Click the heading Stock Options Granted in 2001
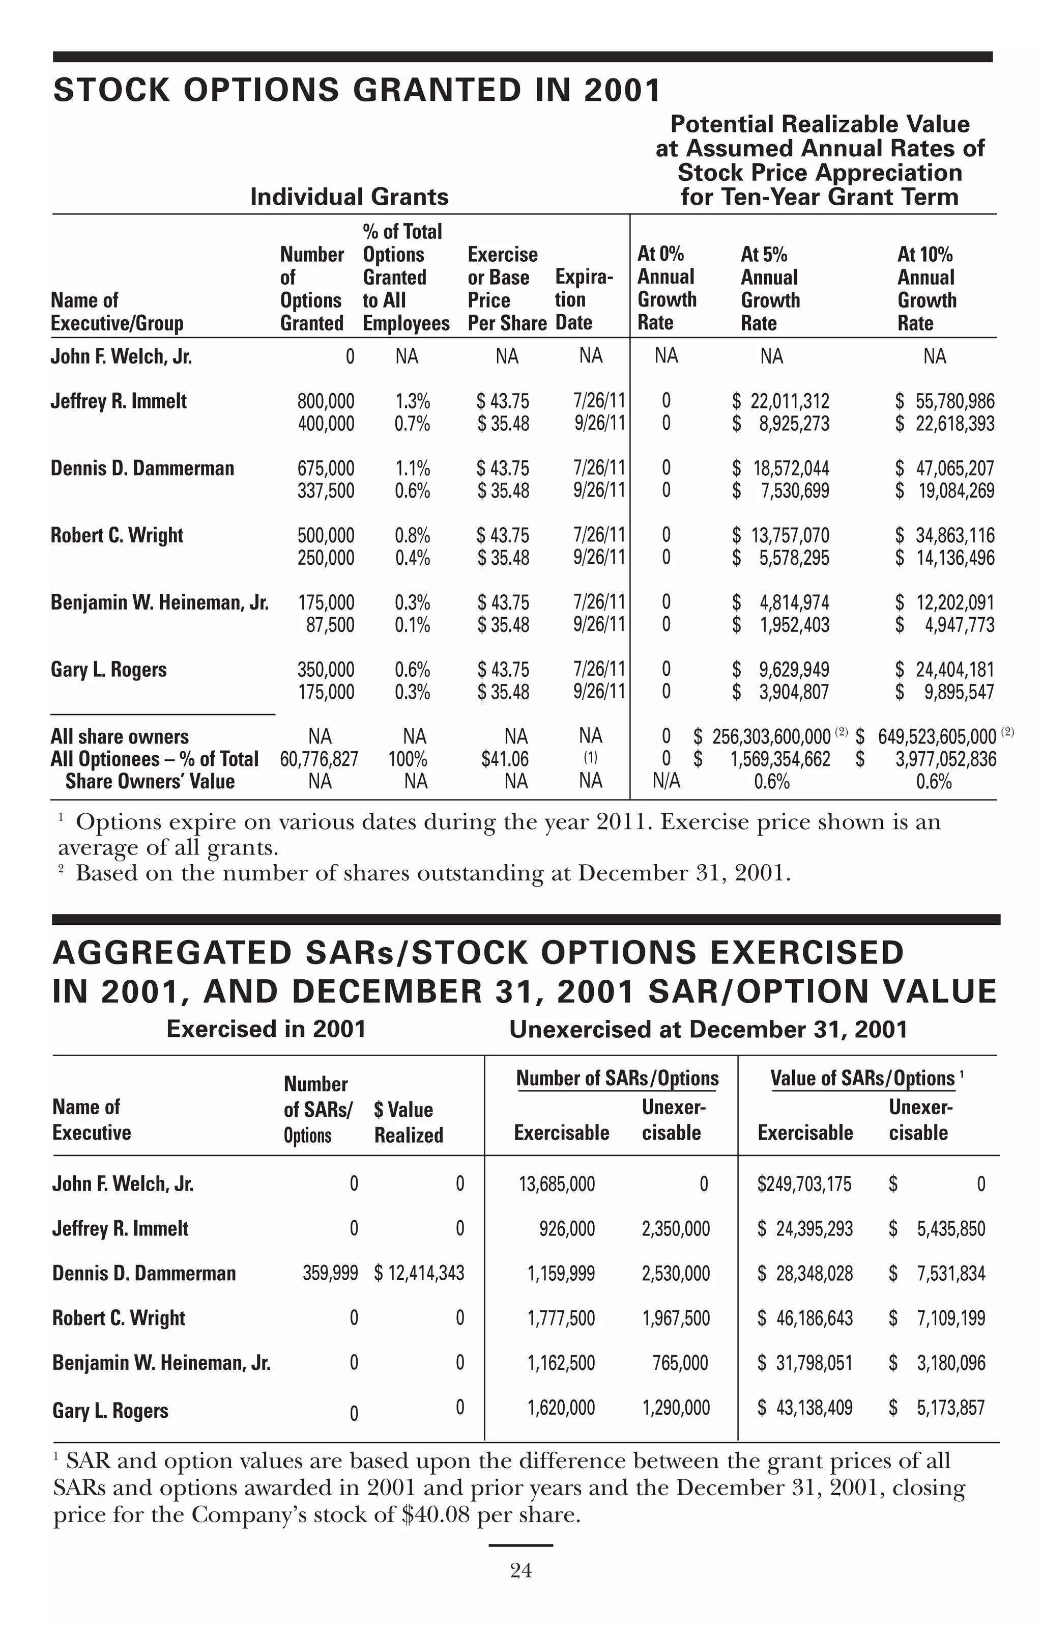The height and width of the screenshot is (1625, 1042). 357,91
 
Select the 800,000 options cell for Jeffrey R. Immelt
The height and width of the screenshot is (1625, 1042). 326,401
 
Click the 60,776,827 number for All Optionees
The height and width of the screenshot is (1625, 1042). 319,759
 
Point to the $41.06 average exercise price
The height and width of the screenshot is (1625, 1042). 505,759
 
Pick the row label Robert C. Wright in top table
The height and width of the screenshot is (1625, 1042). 117,536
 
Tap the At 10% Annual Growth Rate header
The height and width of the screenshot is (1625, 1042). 927,288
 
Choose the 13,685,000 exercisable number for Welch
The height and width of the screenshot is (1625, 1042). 557,1184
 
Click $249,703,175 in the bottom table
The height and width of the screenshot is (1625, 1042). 804,1184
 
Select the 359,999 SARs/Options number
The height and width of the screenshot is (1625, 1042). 330,1274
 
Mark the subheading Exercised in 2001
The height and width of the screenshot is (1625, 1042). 266,1029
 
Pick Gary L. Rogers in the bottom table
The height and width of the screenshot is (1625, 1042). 110,1411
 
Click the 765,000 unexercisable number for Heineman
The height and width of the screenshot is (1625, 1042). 680,1363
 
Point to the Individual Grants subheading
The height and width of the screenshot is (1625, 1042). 349,197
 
